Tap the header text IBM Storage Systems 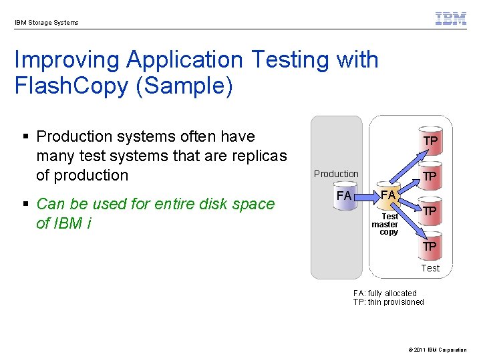(x=46, y=22)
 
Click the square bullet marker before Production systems (x=26, y=137)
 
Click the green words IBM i (x=63, y=223)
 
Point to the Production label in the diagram (x=336, y=174)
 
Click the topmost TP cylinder (x=430, y=141)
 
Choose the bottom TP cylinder (x=430, y=245)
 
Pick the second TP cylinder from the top (x=430, y=176)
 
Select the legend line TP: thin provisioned (x=388, y=302)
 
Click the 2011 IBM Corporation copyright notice (x=438, y=350)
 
